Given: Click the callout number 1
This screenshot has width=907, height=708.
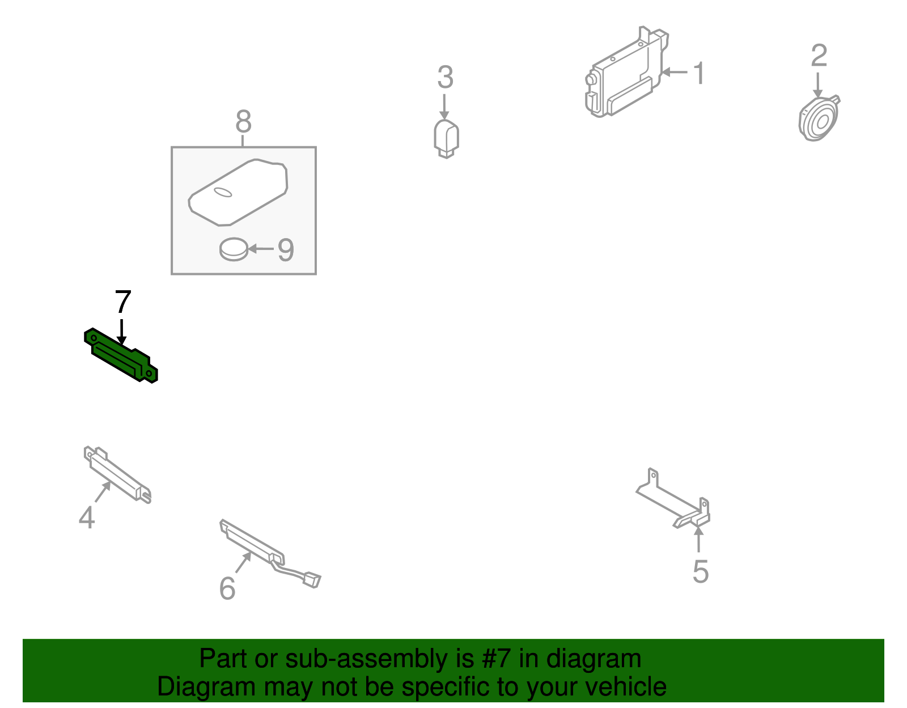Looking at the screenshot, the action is pos(700,74).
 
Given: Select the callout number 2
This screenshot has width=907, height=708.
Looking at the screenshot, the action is pos(819,55).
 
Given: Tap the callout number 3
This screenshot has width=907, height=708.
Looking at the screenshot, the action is pos(446,77).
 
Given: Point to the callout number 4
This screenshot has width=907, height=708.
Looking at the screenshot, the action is pos(87,518).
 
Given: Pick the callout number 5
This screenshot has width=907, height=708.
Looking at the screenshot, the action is pos(701,571).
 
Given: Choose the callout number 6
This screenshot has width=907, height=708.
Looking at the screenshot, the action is pos(227,588).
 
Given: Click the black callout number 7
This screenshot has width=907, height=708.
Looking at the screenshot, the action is pos(123,302).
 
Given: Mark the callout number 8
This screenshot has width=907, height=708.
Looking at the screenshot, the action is pos(244,121).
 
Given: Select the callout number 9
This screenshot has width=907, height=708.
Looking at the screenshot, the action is pos(286,250).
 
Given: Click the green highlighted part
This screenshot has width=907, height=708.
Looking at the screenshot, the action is pos(121,355).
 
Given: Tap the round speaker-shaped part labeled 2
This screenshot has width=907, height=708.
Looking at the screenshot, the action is pos(819,118).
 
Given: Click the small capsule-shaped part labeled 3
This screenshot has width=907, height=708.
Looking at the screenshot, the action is pos(446,139).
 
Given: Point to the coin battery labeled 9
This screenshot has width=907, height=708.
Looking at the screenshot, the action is pos(234,249).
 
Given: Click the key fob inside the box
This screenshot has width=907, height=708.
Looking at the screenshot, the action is pos(238,192).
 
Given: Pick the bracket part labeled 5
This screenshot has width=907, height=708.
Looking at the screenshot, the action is pos(673,499).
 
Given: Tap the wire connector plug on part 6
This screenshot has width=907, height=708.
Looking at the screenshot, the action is pos(311,580).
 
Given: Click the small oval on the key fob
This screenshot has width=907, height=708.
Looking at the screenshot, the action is pos(222,192).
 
